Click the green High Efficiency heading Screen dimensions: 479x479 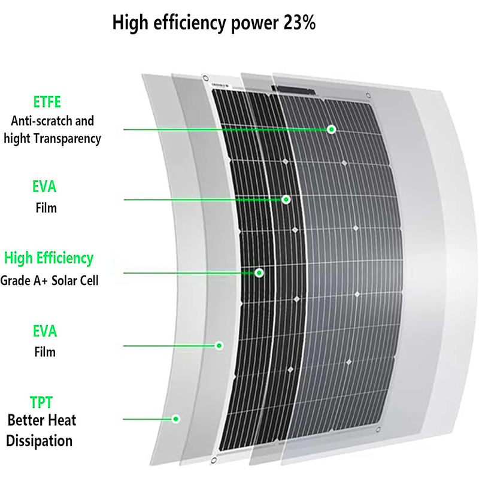pos(48,259)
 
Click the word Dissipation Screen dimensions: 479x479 pos(40,441)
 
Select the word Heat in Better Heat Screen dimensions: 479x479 pos(62,420)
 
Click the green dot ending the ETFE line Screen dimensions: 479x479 pos(331,129)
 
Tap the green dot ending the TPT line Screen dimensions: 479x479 pos(177,418)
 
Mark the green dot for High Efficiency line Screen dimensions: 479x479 pos(259,272)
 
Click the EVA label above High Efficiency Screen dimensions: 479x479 pos(44,186)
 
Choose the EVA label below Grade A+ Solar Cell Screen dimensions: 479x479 pos(44,331)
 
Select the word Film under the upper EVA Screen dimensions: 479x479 pos(45,208)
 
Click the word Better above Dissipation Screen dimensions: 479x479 pos(27,420)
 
